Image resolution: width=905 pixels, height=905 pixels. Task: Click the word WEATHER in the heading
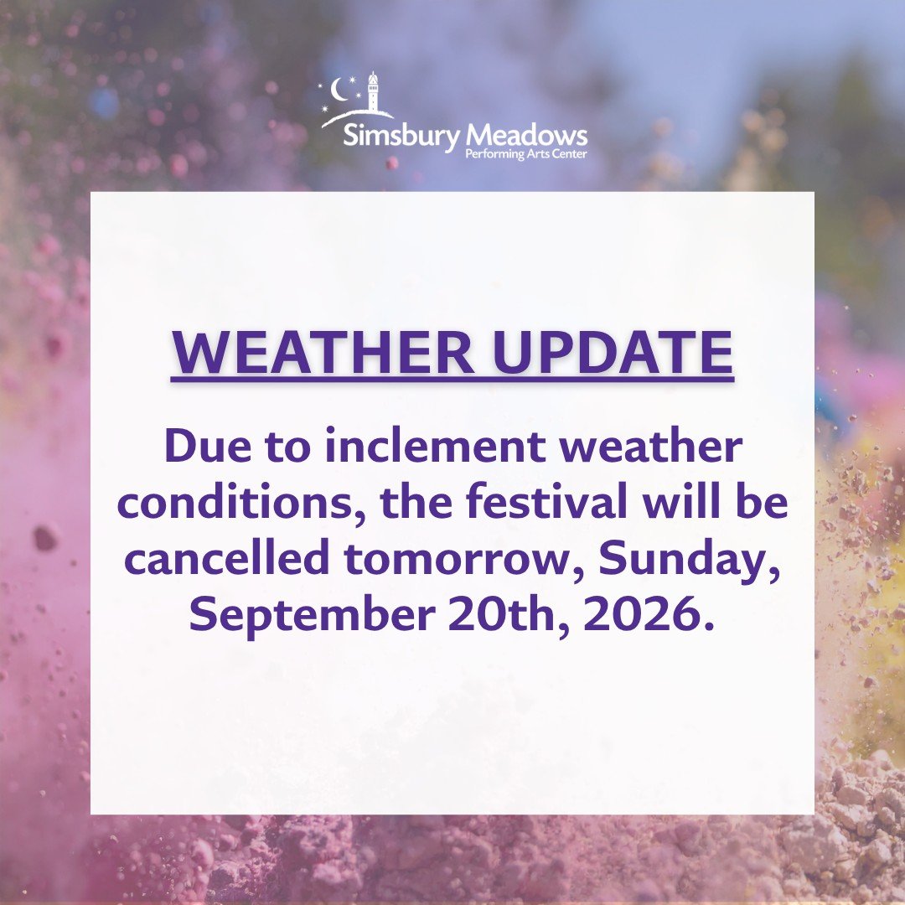pyautogui.click(x=323, y=353)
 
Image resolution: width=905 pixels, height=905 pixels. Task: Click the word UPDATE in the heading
pyautogui.click(x=613, y=353)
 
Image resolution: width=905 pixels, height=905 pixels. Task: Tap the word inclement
pyautogui.click(x=435, y=446)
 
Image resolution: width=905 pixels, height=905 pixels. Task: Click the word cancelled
pyautogui.click(x=227, y=557)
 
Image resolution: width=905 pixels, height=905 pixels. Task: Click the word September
pyautogui.click(x=313, y=615)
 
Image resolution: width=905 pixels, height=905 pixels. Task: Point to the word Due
pyautogui.click(x=208, y=446)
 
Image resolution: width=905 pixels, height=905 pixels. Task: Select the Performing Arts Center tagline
pyautogui.click(x=525, y=154)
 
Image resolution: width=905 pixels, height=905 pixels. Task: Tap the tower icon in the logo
pyautogui.click(x=373, y=91)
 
